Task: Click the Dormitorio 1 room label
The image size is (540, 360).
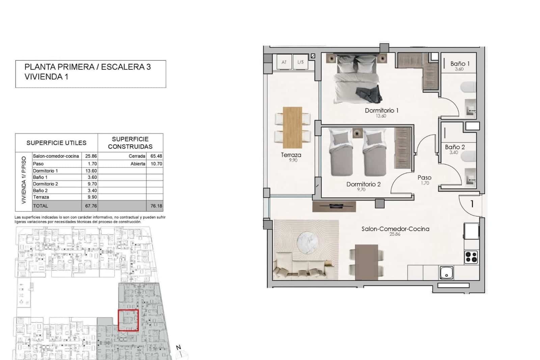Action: point(381,110)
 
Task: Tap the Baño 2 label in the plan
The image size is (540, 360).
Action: point(455,147)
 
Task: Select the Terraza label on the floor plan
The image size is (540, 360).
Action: point(291,155)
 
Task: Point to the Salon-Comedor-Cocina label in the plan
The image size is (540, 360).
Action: point(395,229)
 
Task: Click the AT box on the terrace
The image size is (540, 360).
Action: point(284,62)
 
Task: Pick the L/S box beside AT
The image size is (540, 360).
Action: point(300,62)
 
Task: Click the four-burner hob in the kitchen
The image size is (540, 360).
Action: point(471,257)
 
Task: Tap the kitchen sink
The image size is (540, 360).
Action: point(447,273)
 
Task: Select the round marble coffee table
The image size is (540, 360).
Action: point(307,241)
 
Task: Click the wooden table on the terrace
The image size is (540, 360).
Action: point(292,127)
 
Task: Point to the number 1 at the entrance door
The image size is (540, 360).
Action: point(472,204)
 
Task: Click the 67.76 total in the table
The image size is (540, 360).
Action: point(91,206)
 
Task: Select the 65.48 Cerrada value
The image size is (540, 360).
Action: point(156,156)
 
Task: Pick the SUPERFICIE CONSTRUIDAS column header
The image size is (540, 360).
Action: point(130,143)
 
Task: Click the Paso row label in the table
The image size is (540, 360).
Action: point(38,164)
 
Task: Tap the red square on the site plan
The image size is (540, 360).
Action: point(128,320)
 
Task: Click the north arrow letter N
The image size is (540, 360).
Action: point(179,348)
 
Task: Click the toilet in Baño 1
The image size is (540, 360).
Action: point(468,87)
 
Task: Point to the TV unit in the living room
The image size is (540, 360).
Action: point(334,206)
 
